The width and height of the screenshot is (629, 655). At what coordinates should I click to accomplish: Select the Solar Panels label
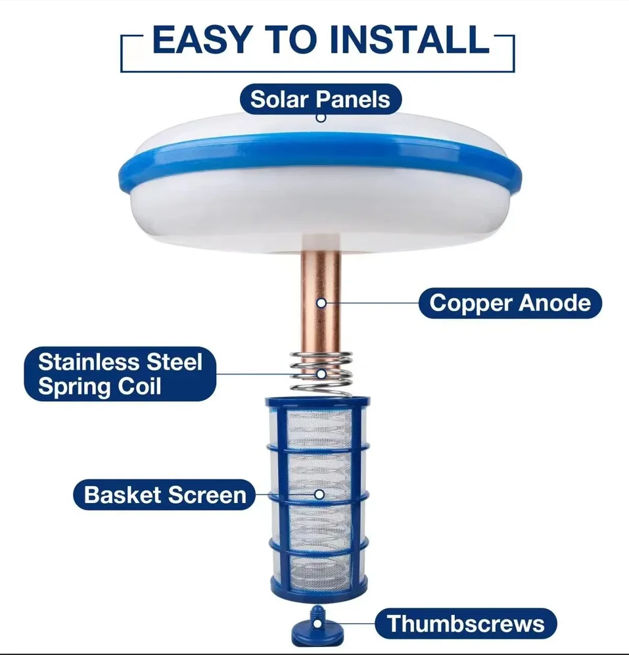point(320,99)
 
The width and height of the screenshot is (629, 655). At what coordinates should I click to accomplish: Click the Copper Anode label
point(509,303)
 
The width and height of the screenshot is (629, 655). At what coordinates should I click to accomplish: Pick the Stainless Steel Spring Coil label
point(120,374)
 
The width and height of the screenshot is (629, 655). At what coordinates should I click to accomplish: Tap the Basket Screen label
point(165,495)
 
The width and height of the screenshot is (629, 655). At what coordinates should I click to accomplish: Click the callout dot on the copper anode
point(321,303)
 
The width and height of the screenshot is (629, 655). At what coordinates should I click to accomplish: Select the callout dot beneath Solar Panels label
point(321,118)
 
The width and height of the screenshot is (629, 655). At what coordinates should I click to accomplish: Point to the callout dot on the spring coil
point(321,373)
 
